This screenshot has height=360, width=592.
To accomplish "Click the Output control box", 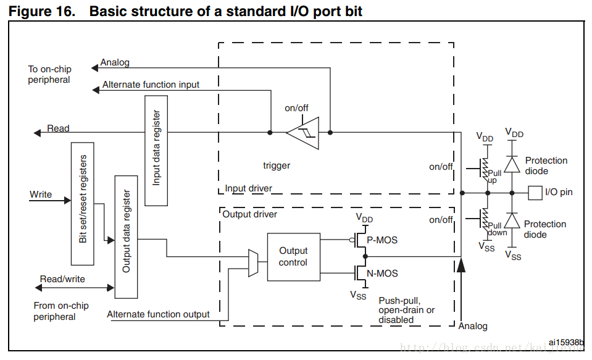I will [x=293, y=256].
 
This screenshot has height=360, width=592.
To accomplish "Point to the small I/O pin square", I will [x=535, y=192].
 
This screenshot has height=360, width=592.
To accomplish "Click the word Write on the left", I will [x=41, y=195].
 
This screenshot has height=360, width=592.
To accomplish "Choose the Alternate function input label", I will [x=151, y=85].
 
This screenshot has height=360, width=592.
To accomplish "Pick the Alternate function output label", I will [x=158, y=314].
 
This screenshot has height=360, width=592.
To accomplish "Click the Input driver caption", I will [x=248, y=188].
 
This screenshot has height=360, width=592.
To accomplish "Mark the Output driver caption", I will [x=249, y=214].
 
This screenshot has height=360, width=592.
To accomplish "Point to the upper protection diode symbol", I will [x=511, y=164].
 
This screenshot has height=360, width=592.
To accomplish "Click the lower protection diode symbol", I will [x=511, y=221].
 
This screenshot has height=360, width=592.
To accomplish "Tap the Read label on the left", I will [x=58, y=128].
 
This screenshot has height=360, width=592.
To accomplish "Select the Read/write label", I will [x=62, y=279].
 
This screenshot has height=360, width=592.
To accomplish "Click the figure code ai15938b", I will [x=565, y=341].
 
